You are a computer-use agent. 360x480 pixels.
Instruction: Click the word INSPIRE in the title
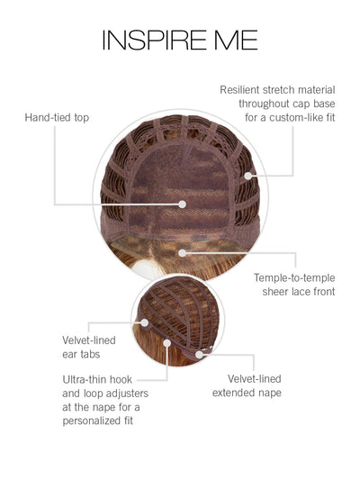(x=155, y=40)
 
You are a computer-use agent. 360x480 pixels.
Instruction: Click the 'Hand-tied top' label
(x=57, y=118)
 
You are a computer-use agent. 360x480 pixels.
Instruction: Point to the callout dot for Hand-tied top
(x=183, y=204)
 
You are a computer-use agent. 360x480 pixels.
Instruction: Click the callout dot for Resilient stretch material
(x=248, y=176)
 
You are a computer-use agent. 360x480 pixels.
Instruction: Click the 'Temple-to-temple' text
(x=294, y=278)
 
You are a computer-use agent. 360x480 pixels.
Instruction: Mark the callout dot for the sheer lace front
(x=183, y=253)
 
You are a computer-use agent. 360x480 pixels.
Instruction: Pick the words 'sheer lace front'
(x=299, y=292)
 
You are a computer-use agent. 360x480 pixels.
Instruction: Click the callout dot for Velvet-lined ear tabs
(x=145, y=322)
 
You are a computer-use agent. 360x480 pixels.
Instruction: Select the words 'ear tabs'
(x=81, y=355)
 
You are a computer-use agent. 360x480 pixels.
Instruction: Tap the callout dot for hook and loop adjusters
(x=167, y=343)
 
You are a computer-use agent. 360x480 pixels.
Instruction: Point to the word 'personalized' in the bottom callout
(x=88, y=421)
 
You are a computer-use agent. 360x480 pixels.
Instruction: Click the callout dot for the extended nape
(x=199, y=355)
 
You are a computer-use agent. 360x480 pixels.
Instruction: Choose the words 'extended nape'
(x=247, y=393)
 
